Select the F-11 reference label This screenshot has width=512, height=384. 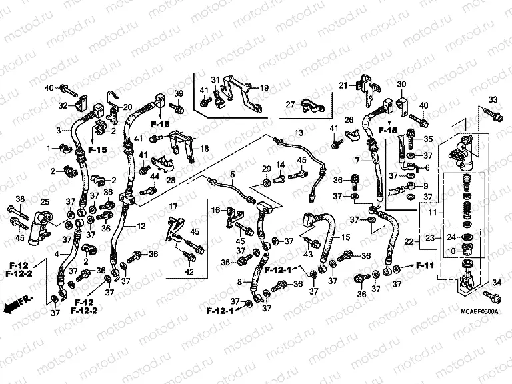tap(425, 265)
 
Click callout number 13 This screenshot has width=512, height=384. tap(299, 133)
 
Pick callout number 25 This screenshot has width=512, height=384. tap(44, 202)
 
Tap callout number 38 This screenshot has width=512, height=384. tap(19, 199)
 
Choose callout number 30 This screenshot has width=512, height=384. tap(401, 84)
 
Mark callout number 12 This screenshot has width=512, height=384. tap(141, 227)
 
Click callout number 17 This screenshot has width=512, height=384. tap(172, 206)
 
